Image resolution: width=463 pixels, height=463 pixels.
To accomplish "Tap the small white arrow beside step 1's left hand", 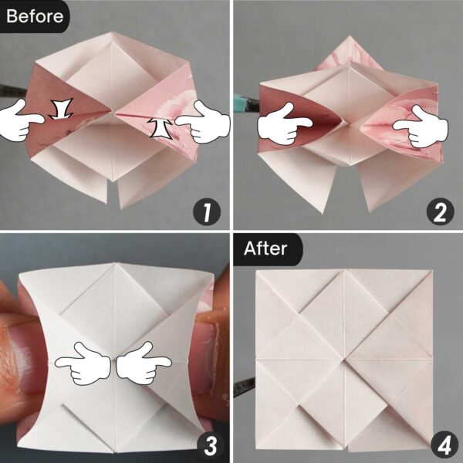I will point(59,110).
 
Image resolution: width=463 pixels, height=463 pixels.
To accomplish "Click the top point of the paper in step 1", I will point(116,35).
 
